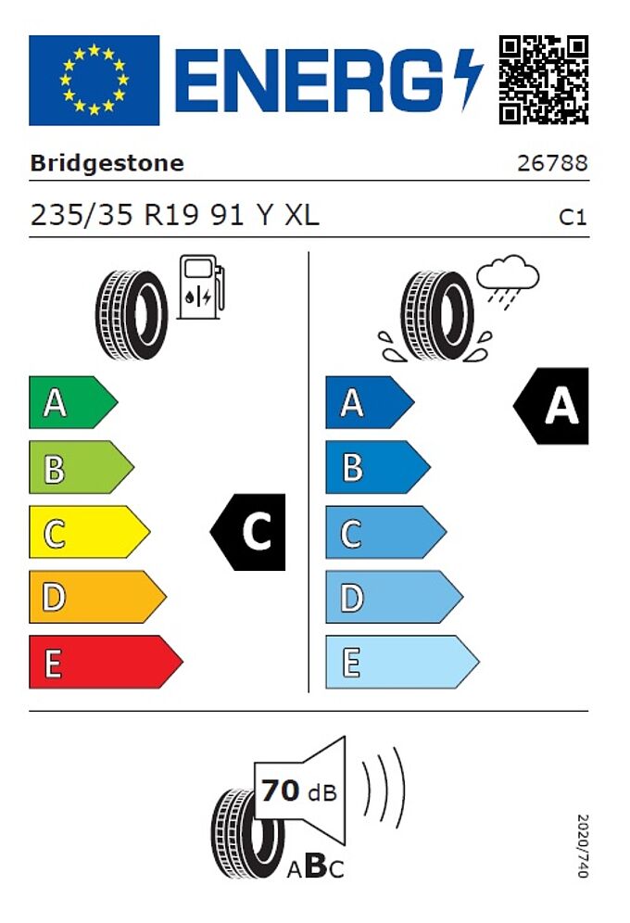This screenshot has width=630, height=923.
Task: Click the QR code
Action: coord(544,80)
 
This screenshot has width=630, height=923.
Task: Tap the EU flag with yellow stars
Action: coord(94,80)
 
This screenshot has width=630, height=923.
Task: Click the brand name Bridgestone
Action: coord(107,163)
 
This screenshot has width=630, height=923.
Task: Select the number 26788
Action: coord(552,163)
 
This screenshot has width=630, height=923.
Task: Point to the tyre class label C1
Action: coord(573,217)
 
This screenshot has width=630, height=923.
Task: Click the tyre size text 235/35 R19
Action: coord(115,215)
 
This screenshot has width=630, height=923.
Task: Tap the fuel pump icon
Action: coord(201,286)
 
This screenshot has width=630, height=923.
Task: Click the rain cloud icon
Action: coord(508,281)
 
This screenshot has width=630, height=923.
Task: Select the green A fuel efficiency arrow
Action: coord(73,402)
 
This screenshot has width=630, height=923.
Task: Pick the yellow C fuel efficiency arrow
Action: coord(90,532)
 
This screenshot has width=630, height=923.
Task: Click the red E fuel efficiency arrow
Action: coord(106,662)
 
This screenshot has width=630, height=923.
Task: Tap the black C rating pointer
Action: coord(247,532)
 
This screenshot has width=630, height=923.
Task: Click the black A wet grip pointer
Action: coord(550,406)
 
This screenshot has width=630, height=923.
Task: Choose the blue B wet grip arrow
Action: coord(378,467)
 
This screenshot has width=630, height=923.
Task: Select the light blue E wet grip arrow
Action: coord(402,662)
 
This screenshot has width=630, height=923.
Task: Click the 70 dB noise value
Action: coord(299,791)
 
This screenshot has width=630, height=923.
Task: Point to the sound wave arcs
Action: coord(384,787)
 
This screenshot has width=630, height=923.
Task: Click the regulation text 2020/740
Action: coord(583,846)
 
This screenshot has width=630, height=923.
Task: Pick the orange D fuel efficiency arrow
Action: coord(97,597)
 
